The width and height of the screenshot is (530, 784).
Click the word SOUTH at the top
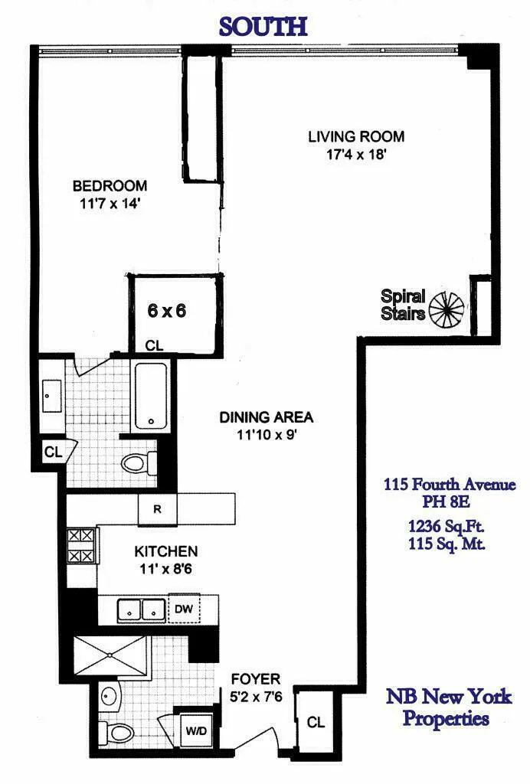(x=263, y=26)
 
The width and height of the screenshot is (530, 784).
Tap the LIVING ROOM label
(x=356, y=138)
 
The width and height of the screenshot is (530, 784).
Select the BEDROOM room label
(x=110, y=186)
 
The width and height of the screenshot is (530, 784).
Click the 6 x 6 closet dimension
(x=167, y=311)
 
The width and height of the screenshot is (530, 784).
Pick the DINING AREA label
(x=267, y=418)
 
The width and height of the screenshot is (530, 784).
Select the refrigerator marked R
(x=156, y=508)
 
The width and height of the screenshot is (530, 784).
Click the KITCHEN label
(x=166, y=551)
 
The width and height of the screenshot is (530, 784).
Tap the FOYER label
(x=257, y=679)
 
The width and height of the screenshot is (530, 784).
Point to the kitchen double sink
(x=142, y=610)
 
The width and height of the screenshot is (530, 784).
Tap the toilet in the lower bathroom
(x=118, y=732)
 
